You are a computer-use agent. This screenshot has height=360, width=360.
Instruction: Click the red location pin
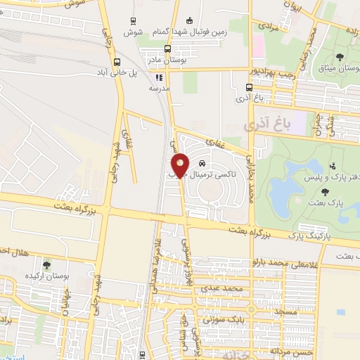[x=180, y=165]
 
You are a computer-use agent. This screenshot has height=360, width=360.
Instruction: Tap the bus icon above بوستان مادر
[x=167, y=49]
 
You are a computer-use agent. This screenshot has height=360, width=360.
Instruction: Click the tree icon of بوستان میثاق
[x=340, y=56]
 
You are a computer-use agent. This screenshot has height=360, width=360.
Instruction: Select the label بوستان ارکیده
[x=46, y=276]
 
